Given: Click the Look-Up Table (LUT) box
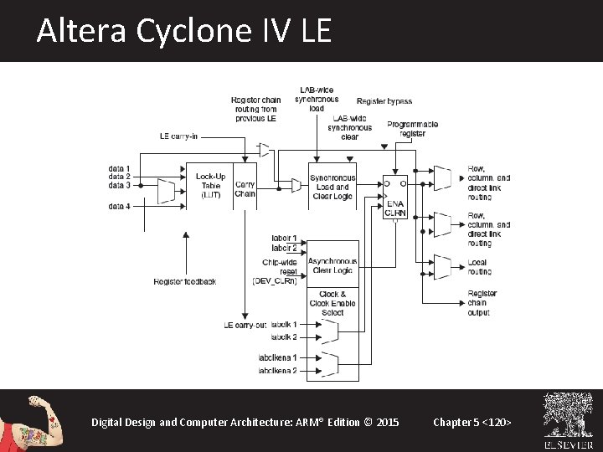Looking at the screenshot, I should (x=210, y=186).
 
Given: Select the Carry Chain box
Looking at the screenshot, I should (x=245, y=188).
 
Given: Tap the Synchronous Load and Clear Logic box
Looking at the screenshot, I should (x=332, y=187).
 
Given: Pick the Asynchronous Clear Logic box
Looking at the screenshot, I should (x=332, y=265).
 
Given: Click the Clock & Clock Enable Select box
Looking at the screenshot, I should (x=332, y=303).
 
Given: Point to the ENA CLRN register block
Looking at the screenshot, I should (x=395, y=198).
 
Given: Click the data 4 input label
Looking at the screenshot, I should (x=119, y=206).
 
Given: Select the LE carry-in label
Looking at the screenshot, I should (x=178, y=136).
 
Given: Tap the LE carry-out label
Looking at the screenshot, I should (x=245, y=325).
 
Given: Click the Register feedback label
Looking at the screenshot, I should (x=185, y=281).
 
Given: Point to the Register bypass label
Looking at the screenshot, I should (x=384, y=101).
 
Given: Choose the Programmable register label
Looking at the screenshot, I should (x=412, y=129).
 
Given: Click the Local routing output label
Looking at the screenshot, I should (x=479, y=267).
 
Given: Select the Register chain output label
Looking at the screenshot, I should (x=482, y=303).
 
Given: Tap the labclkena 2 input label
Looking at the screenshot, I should (x=278, y=371).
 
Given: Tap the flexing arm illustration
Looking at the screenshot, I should (x=33, y=419).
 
